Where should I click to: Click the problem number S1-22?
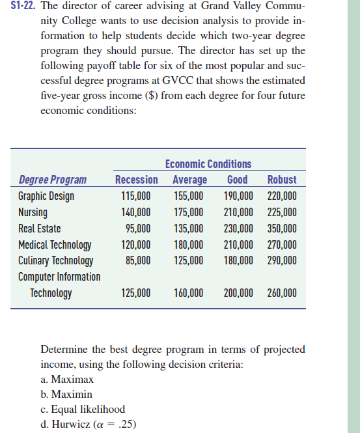20,7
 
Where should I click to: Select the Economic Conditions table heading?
208,163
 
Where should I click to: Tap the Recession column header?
136,179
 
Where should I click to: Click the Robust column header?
282,179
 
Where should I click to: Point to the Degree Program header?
53,179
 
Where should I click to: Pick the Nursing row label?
33,212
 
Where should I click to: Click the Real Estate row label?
40,228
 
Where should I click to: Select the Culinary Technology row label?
56,260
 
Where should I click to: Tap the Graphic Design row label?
46,195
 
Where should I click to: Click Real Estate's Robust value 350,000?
282,228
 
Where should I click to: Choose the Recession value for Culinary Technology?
138,260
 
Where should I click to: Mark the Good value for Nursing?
238,212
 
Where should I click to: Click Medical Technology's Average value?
189,245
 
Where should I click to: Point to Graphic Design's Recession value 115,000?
136,195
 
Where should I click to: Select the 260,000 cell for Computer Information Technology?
282,293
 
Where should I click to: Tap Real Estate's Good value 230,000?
238,228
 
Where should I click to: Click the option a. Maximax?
68,379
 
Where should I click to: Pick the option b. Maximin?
66,394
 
